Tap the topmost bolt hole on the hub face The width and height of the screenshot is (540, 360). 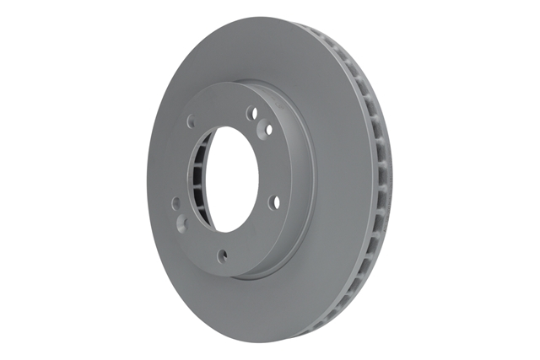[x=250, y=112]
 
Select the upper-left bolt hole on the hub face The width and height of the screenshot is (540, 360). [x=191, y=121]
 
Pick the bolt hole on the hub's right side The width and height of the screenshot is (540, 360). [x=273, y=201]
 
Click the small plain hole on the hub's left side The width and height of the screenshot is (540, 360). [x=175, y=202]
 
